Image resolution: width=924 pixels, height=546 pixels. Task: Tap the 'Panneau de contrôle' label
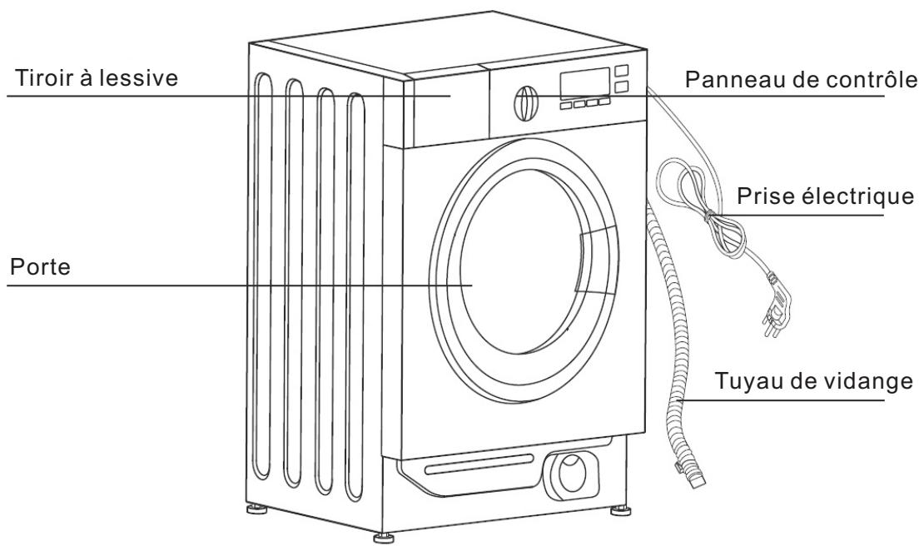coord(801,81)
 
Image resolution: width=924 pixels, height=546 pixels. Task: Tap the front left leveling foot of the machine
coord(384,537)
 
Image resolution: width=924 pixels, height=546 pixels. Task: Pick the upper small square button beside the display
coord(620,71)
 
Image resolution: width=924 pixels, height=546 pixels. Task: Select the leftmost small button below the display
coord(565,105)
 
